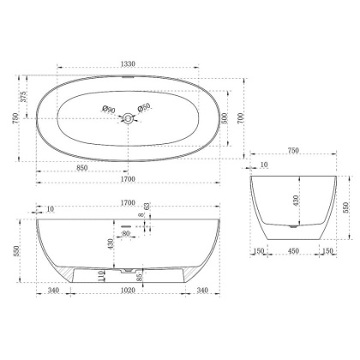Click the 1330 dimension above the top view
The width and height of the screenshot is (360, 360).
pos(127,63)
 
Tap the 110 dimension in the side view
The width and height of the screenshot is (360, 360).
pos(101,275)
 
